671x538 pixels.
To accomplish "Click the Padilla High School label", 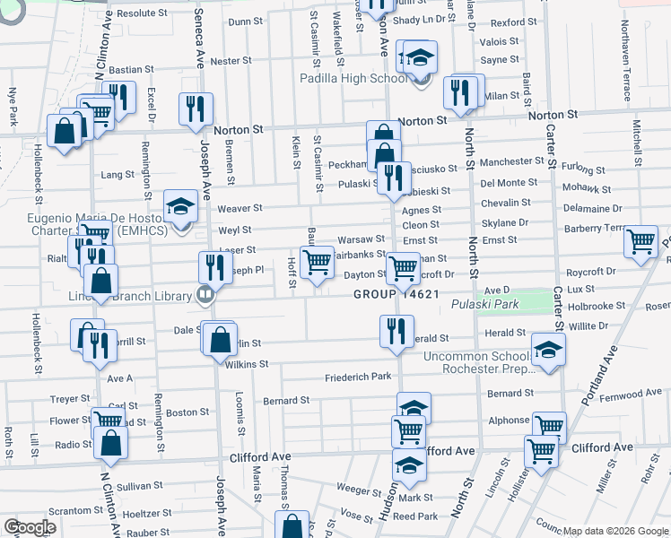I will (353, 79).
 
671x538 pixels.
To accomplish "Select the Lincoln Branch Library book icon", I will (205, 294).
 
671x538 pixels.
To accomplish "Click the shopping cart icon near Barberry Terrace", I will (640, 241).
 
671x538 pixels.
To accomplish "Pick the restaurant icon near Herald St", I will (391, 330).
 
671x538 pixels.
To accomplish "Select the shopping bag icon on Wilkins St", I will (220, 340).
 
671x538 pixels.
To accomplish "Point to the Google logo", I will (30, 527).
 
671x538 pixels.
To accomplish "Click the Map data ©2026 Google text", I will (614, 531).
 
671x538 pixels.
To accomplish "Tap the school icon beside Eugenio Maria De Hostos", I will (180, 206).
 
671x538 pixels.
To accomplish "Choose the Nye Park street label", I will (13, 107).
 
